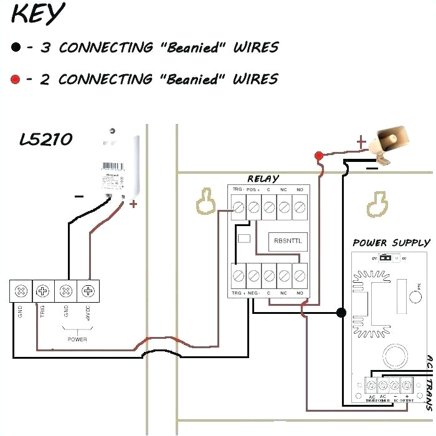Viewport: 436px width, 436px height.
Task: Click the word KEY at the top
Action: [37, 14]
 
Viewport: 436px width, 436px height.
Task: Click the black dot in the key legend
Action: [16, 47]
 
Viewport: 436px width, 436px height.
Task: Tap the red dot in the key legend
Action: [16, 79]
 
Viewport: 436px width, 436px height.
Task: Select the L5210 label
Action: [45, 140]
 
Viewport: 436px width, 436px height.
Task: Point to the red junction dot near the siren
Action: [319, 155]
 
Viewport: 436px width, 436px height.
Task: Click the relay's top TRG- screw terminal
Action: [238, 205]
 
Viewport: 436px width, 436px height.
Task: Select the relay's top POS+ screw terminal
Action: [254, 205]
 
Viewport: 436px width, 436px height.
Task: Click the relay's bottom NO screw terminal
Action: [300, 274]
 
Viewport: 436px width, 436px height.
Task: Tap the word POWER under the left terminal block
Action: [77, 339]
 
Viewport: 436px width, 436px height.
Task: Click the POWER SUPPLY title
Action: [391, 243]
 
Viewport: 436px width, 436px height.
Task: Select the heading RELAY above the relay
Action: [263, 179]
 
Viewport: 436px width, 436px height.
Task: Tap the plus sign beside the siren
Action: [360, 143]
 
